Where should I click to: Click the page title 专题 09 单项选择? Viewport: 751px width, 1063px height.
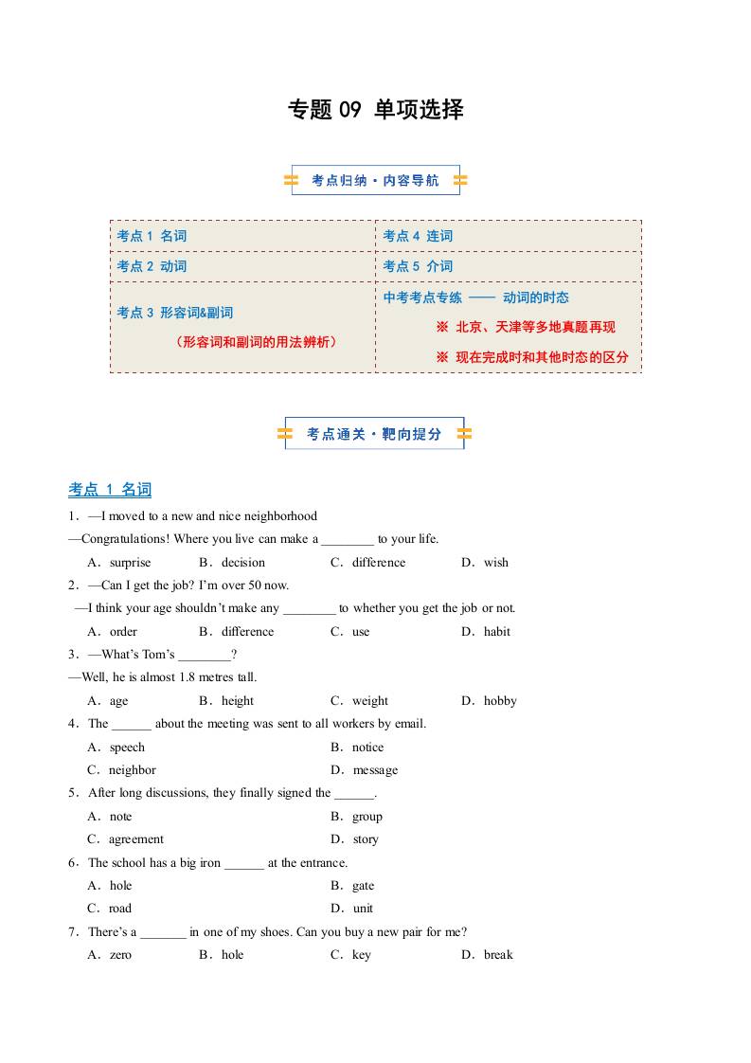pos(375,110)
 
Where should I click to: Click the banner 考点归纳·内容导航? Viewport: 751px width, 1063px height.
pos(375,180)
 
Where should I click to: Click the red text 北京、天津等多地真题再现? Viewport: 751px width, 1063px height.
pos(535,327)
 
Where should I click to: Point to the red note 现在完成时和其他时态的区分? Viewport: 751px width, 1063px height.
pos(541,357)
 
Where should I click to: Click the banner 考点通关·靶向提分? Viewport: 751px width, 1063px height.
pos(374,434)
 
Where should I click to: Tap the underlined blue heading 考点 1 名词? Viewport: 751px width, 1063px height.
pos(110,490)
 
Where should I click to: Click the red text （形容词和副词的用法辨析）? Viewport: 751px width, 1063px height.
pos(257,342)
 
